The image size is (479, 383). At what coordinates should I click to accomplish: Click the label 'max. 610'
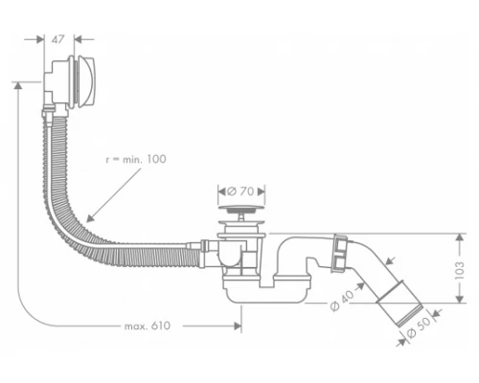coord(148,327)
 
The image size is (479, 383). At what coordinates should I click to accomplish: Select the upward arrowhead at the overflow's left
coord(18,86)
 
